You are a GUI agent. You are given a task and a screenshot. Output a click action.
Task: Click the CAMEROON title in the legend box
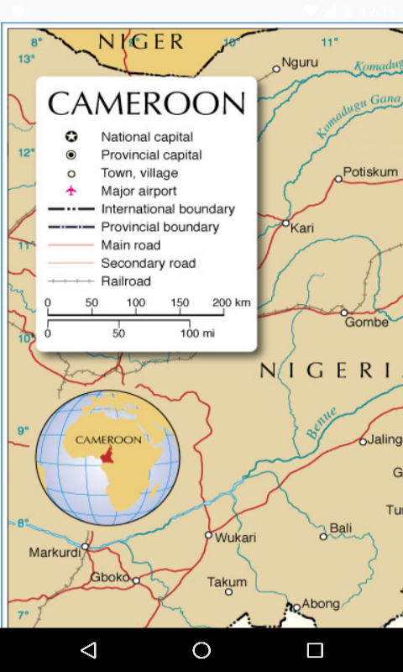tap(146, 103)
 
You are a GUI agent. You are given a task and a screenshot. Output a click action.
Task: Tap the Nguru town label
tap(300, 62)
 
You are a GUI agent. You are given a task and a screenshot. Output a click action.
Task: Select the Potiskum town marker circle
tap(338, 178)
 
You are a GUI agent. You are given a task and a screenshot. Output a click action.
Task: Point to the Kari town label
tap(302, 228)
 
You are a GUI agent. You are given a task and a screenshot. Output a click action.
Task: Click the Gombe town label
tap(367, 323)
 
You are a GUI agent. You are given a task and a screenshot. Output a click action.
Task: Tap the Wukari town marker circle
tap(209, 534)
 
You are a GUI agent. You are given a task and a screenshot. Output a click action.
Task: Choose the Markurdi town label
tap(55, 553)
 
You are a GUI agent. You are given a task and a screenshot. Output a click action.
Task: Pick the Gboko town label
tap(109, 577)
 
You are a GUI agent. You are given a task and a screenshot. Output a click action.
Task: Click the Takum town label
tap(227, 581)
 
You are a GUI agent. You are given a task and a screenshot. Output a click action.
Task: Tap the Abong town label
tap(321, 603)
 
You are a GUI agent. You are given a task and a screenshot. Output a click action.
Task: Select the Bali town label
tap(341, 528)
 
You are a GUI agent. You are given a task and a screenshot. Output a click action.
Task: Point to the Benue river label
tap(322, 423)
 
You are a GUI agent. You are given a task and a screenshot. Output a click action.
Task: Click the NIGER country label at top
tap(141, 42)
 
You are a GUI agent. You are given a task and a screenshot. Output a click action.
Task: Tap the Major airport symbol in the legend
tap(71, 191)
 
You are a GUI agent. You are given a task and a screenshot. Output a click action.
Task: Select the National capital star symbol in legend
tap(71, 137)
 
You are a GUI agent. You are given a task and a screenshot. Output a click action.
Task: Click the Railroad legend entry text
tap(126, 281)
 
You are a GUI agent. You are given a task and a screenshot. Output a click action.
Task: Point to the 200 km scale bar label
tap(231, 302)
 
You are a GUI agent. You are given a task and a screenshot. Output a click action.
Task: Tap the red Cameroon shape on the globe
tap(107, 454)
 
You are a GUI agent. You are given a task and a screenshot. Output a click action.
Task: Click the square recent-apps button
tap(315, 650)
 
